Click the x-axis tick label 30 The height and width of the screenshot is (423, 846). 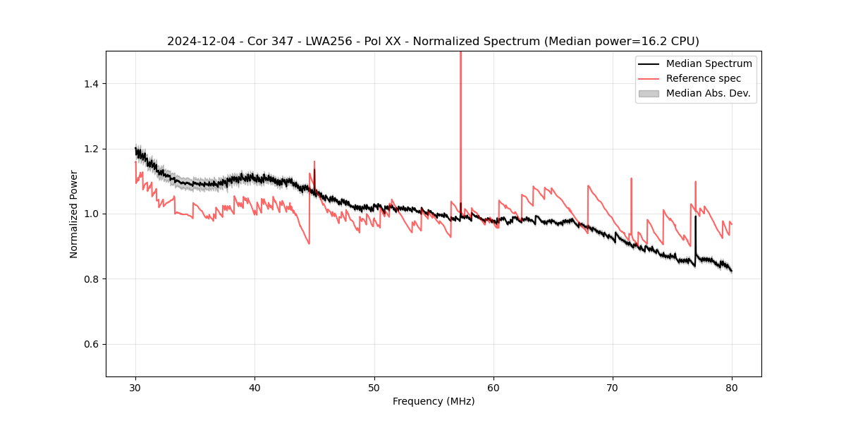pos(135,388)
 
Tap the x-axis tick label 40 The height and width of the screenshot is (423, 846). pos(255,388)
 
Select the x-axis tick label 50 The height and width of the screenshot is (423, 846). pos(374,388)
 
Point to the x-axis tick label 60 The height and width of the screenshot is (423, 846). pos(493,388)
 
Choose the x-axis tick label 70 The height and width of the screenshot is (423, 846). pos(613,388)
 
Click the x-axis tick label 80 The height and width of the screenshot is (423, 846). pos(732,388)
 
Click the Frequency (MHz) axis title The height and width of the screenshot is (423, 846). pos(434,401)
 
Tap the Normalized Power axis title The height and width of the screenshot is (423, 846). pos(74,214)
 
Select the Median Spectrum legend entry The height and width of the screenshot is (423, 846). pos(709,63)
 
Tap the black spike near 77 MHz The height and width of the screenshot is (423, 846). pos(696,233)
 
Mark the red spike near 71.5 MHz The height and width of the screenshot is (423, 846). pos(632,190)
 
